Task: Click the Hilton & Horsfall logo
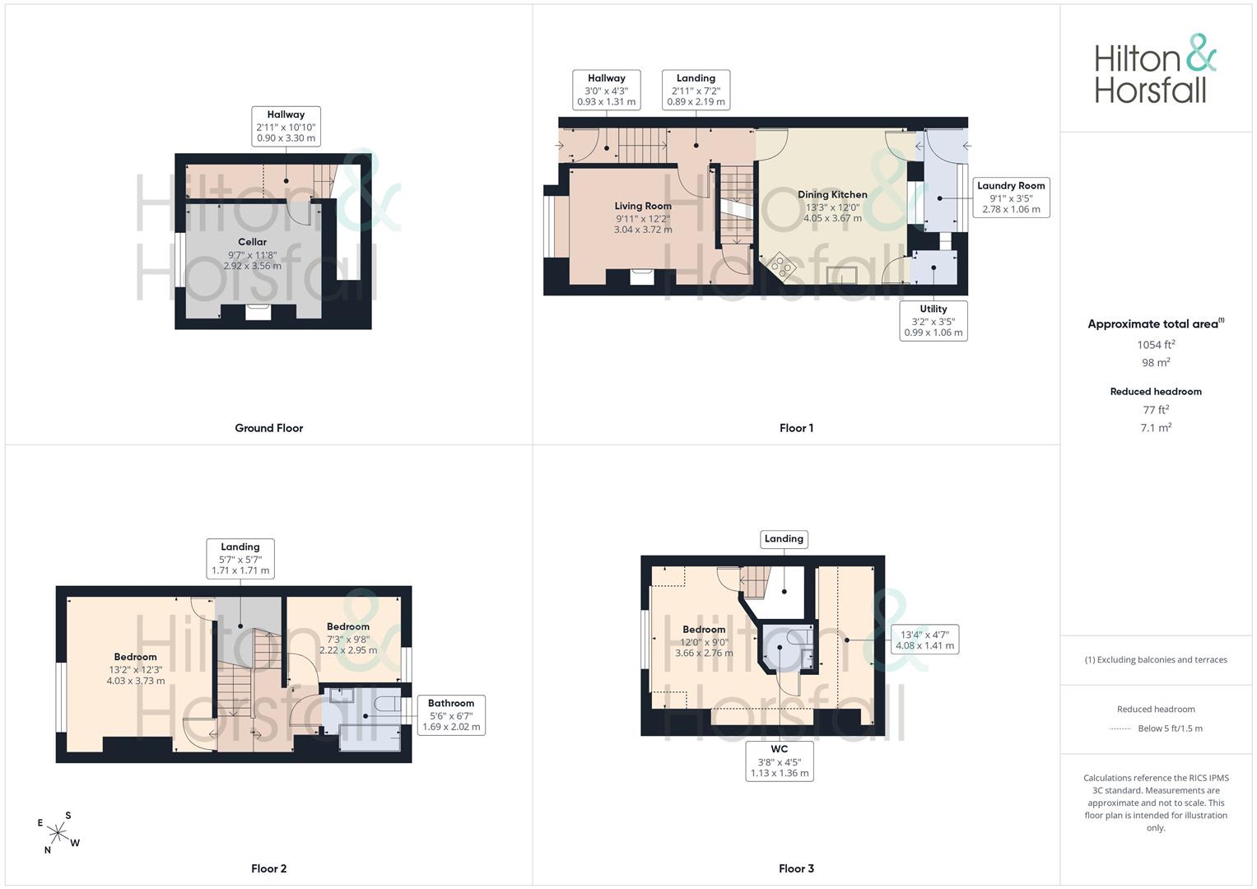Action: (x=1155, y=68)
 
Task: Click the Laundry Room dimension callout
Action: (x=1011, y=197)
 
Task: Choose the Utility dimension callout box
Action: (x=933, y=320)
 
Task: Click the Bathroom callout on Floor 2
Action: (x=451, y=715)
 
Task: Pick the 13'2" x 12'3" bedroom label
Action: (x=135, y=668)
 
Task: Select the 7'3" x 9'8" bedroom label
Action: (x=348, y=638)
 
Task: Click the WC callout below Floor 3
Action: (x=780, y=761)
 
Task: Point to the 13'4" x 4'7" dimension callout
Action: (x=924, y=640)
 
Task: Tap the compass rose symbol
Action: (x=58, y=833)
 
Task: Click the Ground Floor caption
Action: (x=269, y=428)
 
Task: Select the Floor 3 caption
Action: (x=796, y=868)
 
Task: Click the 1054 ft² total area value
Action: (x=1156, y=345)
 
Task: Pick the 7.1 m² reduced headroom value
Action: (x=1156, y=427)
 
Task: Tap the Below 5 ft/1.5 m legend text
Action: (x=1170, y=728)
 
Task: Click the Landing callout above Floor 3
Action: (x=784, y=539)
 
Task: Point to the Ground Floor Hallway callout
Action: (x=286, y=126)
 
